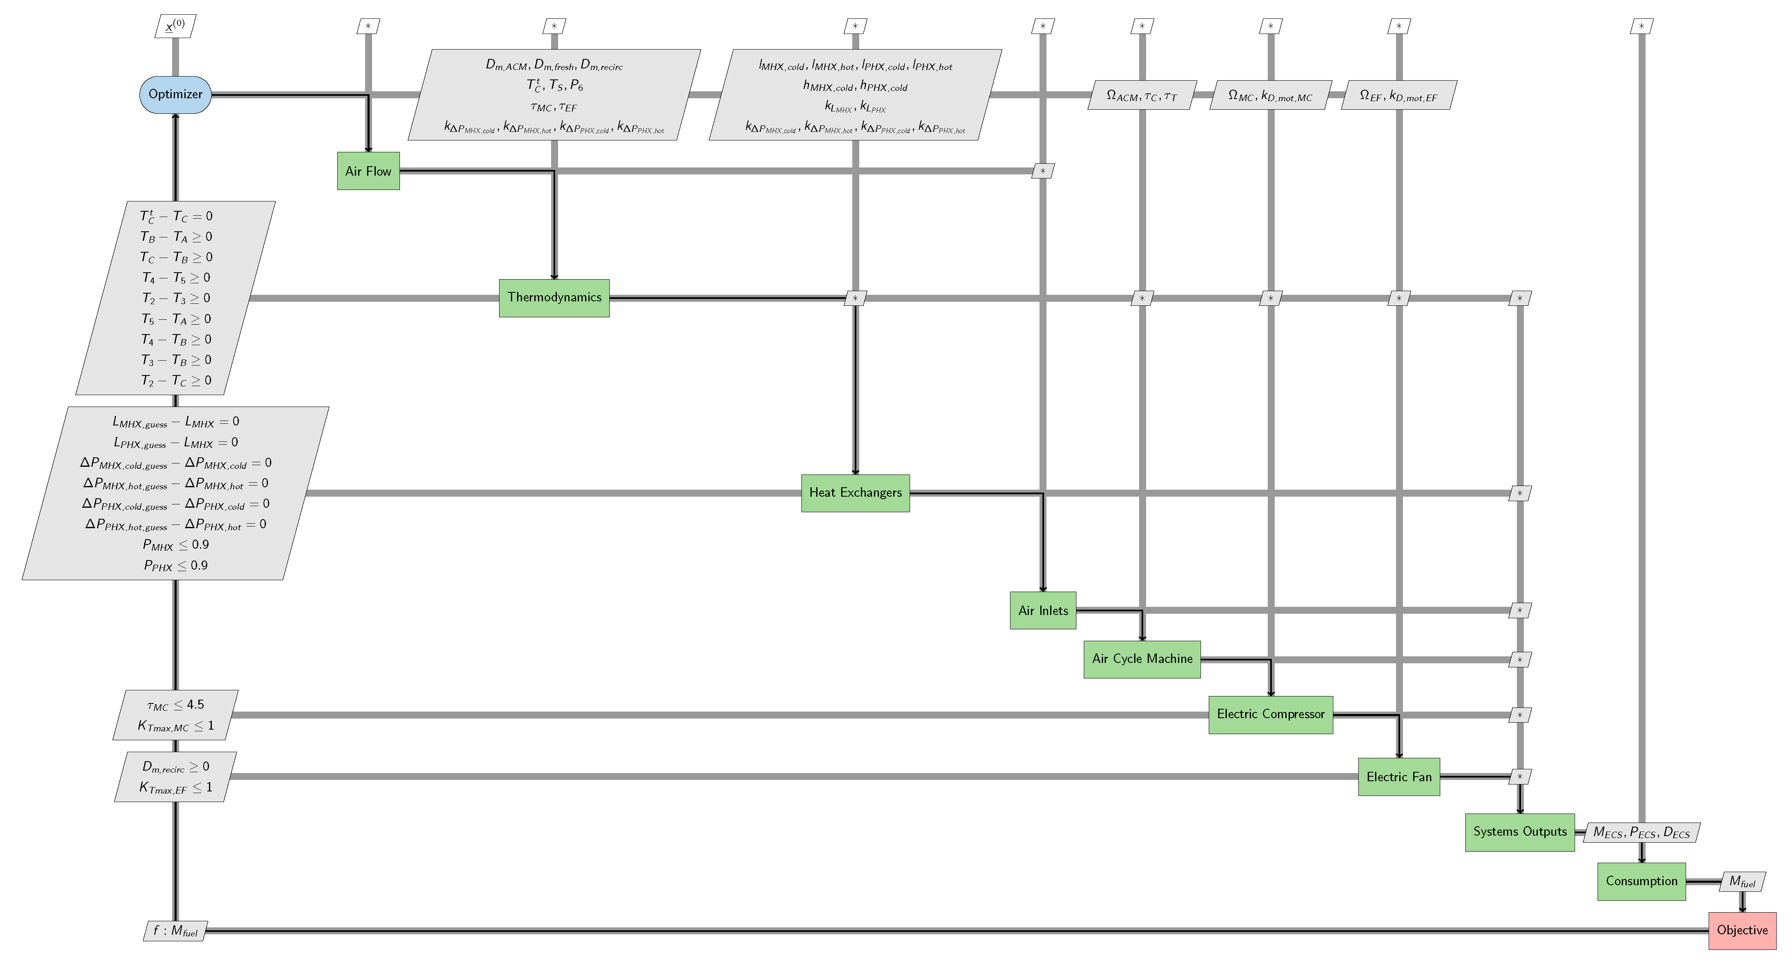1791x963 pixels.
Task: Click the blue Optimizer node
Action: (175, 95)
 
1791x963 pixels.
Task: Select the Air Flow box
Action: (368, 171)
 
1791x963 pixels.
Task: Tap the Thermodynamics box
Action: (554, 297)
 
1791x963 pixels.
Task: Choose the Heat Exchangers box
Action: (855, 493)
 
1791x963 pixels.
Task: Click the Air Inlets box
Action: (1043, 611)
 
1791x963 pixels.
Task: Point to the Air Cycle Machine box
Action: (1142, 659)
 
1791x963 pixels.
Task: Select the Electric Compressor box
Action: (1270, 714)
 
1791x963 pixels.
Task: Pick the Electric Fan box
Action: (1399, 777)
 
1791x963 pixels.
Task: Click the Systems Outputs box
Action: (1520, 832)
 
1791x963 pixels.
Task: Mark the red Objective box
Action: (1742, 930)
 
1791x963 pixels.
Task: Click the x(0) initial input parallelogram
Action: (175, 26)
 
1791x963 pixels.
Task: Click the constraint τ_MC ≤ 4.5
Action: (175, 705)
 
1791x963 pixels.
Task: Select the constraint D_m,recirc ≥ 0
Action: (175, 766)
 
